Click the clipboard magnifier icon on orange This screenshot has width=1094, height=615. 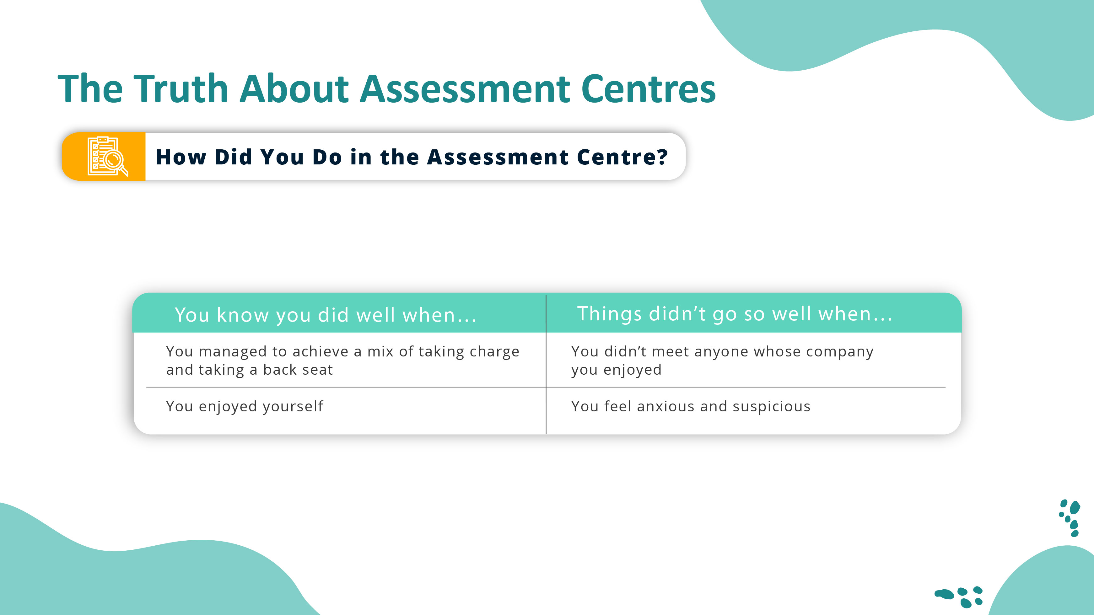click(107, 156)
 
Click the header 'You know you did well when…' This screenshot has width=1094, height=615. click(326, 315)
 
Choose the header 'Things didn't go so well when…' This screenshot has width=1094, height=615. click(735, 314)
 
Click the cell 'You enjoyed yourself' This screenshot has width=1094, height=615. click(244, 407)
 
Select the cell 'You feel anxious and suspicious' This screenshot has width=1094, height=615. click(691, 407)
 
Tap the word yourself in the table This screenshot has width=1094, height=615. click(293, 407)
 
